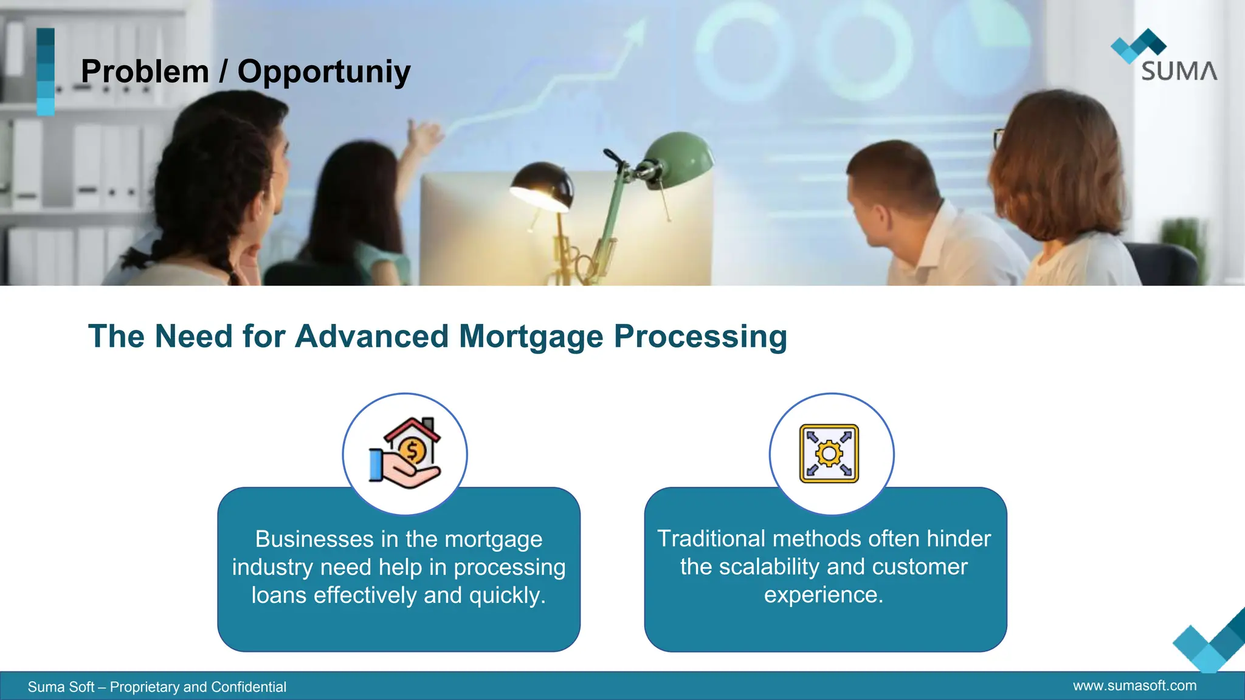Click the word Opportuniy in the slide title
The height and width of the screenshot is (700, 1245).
[324, 72]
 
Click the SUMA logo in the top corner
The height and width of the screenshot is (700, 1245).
[1165, 56]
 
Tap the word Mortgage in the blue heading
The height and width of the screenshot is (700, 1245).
[531, 337]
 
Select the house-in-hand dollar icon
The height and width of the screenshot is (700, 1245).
[405, 453]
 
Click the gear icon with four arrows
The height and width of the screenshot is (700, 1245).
[829, 453]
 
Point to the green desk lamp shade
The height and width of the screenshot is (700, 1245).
[679, 157]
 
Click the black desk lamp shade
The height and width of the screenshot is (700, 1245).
[542, 185]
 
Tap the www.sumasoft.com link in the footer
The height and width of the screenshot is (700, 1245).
[1134, 686]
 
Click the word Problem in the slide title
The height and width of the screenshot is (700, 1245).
[145, 72]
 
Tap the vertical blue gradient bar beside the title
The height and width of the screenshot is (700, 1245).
[46, 72]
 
